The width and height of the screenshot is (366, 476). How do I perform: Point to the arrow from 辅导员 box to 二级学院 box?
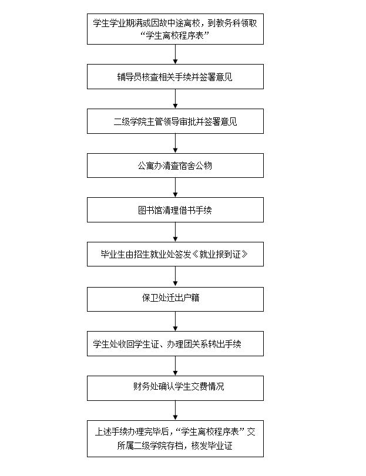coord(175,99)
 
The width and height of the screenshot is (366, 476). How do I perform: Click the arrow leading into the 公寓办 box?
coord(175,143)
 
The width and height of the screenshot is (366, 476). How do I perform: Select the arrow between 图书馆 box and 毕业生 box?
coord(175,232)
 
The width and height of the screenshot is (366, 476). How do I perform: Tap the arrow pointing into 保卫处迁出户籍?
coord(175,276)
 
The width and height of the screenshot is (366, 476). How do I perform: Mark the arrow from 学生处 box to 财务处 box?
coord(175,366)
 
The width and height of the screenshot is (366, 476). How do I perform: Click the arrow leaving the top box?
coord(175,55)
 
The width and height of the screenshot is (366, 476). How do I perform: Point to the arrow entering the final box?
coord(175,410)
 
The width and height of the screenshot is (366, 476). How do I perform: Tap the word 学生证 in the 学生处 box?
coord(147,344)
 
